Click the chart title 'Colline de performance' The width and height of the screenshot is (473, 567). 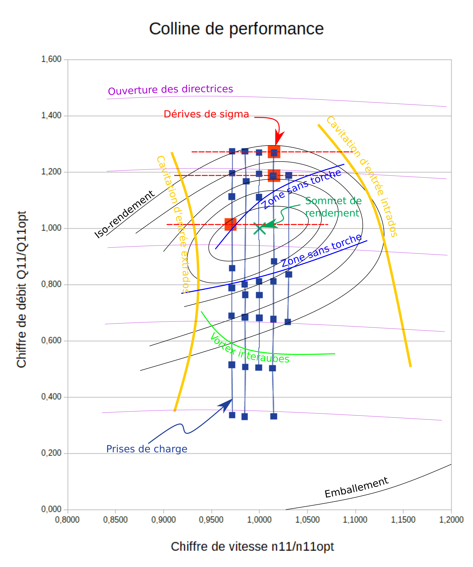(x=236, y=29)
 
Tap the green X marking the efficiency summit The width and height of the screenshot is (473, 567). (x=259, y=228)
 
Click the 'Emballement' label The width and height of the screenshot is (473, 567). (x=356, y=487)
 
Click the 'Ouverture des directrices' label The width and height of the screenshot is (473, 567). (x=170, y=90)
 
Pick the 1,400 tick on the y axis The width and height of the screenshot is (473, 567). (x=51, y=115)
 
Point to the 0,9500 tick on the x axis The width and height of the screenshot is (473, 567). (x=211, y=520)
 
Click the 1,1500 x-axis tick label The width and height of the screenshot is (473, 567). (x=403, y=520)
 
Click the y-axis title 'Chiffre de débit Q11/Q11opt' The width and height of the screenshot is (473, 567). (x=22, y=289)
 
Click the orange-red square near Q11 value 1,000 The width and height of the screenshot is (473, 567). (x=230, y=224)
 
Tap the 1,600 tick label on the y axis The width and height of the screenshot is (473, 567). (x=51, y=59)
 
